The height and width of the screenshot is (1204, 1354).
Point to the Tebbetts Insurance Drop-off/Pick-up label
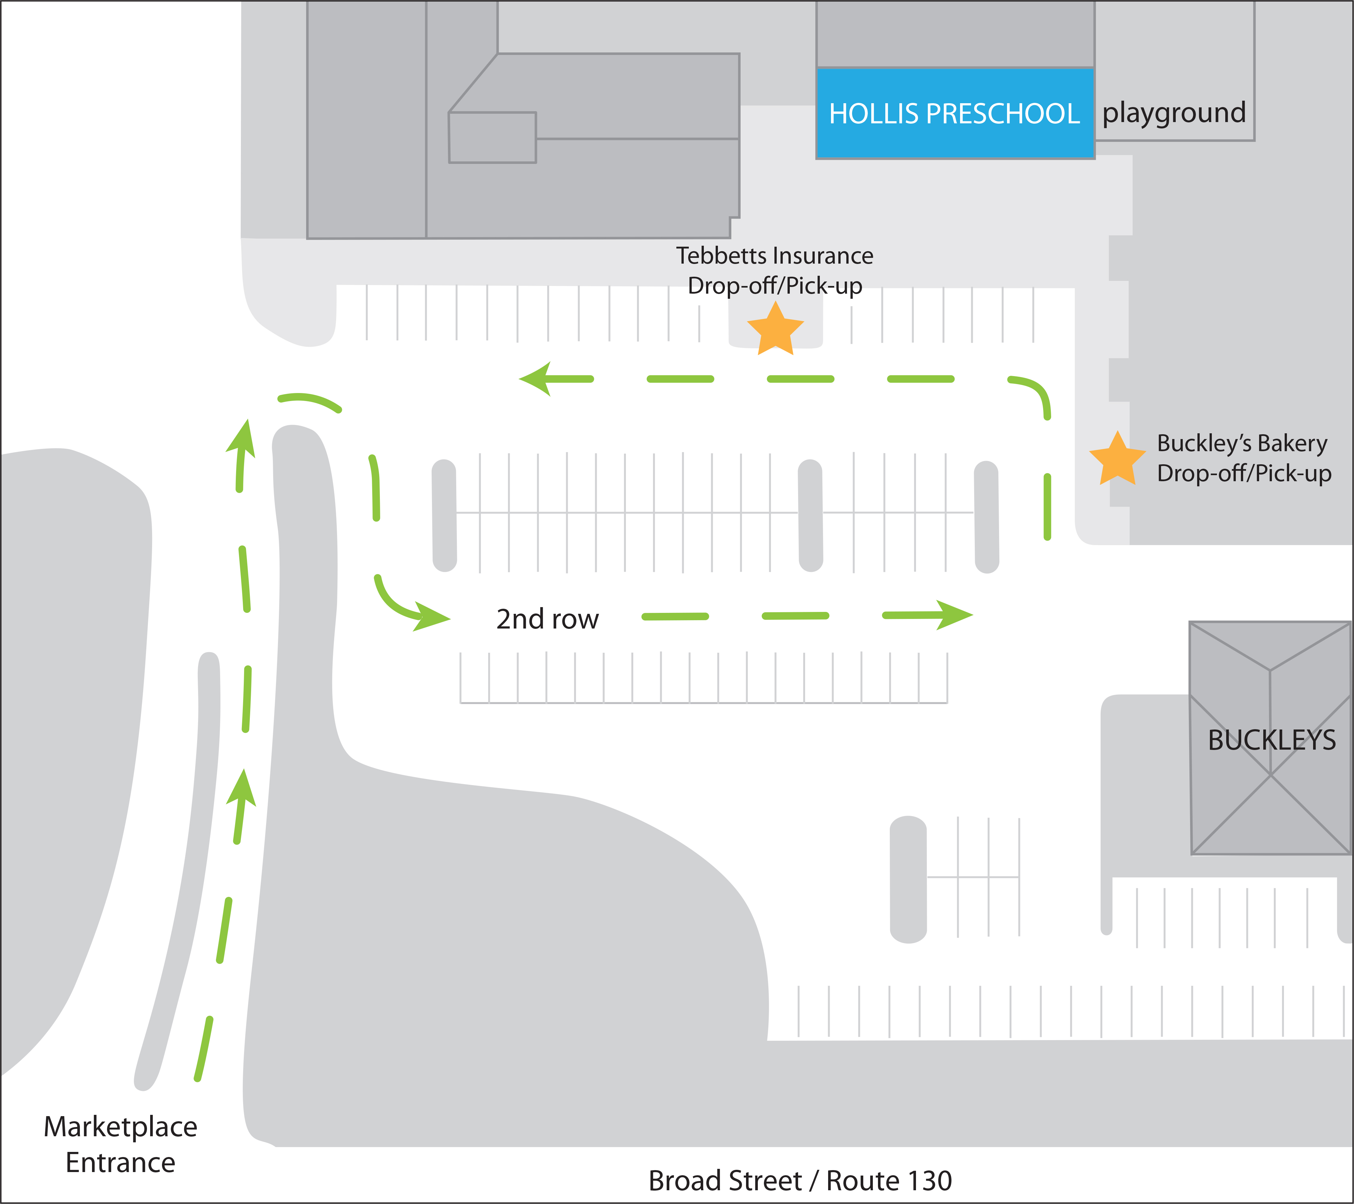pos(774,270)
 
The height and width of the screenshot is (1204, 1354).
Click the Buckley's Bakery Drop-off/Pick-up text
pos(1243,458)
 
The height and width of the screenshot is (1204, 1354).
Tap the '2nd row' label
pos(547,619)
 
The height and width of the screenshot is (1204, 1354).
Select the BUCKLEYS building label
pos(1271,740)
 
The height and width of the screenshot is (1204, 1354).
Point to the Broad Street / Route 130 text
pos(800,1180)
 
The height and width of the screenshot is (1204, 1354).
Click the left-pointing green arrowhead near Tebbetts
pos(536,379)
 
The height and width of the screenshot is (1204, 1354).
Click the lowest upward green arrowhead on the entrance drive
pos(242,789)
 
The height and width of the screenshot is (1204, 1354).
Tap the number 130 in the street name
pos(929,1180)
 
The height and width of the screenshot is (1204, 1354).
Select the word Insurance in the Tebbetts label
pos(823,256)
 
